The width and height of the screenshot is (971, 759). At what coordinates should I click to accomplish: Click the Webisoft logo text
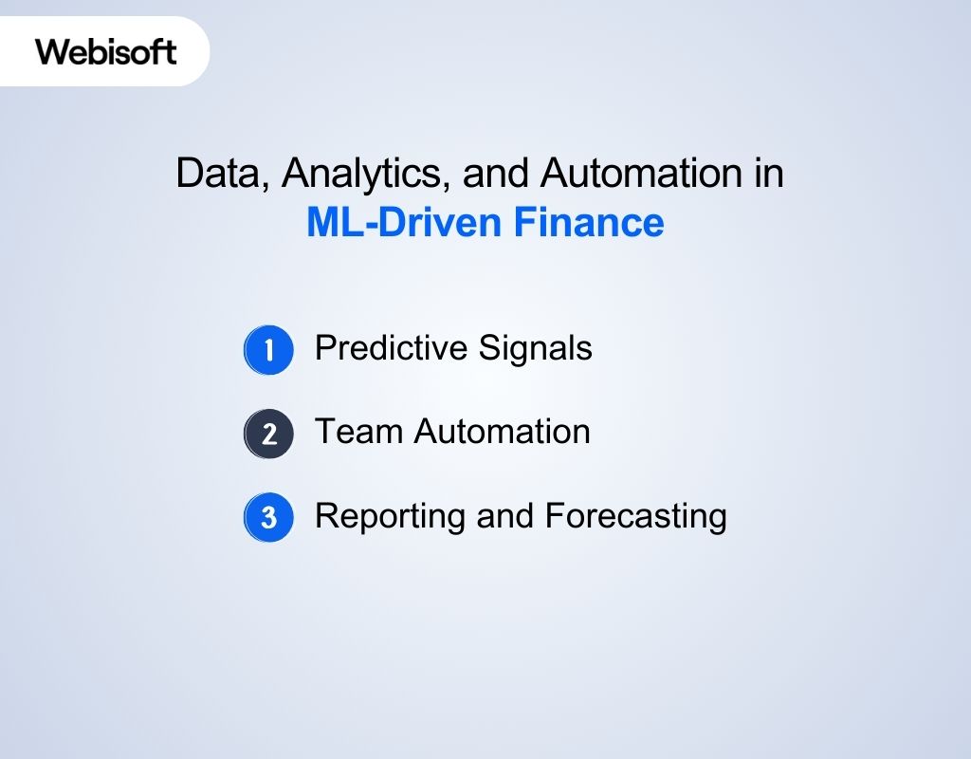[x=106, y=51]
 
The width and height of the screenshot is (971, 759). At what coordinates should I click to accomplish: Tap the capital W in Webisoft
[x=49, y=51]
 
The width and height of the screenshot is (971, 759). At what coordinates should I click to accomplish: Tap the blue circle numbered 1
[x=269, y=350]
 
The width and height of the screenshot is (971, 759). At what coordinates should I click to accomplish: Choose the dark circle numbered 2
[x=269, y=434]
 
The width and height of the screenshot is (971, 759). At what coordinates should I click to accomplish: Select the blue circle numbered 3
[x=269, y=518]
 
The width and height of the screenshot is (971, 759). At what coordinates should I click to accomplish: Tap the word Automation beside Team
[x=503, y=432]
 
